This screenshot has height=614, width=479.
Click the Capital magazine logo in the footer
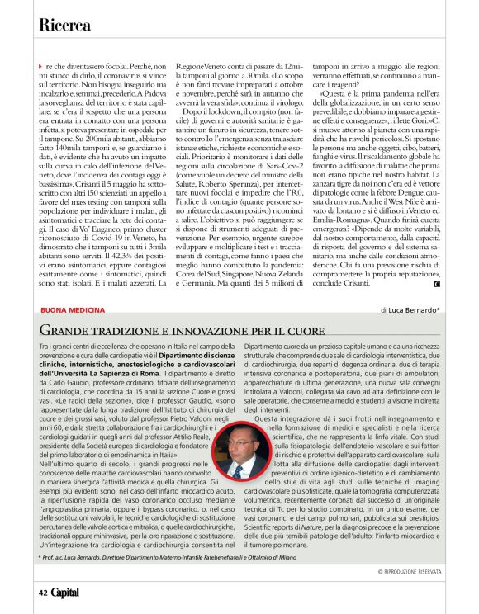pyautogui.click(x=65, y=592)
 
